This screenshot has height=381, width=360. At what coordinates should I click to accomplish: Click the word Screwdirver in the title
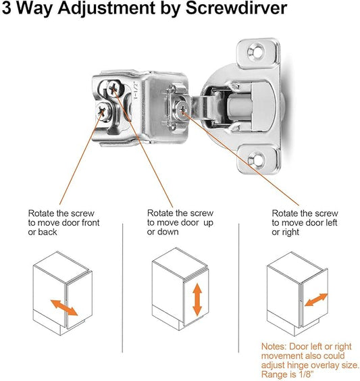pyautogui.click(x=236, y=9)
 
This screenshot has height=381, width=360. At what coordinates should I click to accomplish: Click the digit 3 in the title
pyautogui.click(x=6, y=8)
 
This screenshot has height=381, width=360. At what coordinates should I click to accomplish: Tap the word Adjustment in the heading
pyautogui.click(x=107, y=9)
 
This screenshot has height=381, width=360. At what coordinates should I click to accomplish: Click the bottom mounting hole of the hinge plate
pyautogui.click(x=256, y=159)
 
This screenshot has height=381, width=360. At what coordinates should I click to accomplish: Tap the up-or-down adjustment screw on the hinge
pyautogui.click(x=113, y=88)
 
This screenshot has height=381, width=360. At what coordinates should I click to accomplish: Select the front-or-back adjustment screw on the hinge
pyautogui.click(x=103, y=111)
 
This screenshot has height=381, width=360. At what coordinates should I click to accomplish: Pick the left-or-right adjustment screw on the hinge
pyautogui.click(x=182, y=109)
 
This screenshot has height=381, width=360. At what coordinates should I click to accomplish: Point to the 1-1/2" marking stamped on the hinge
pyautogui.click(x=136, y=91)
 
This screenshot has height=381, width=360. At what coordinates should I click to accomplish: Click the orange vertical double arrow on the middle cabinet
pyautogui.click(x=197, y=300)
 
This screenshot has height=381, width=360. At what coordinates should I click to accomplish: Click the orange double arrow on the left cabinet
pyautogui.click(x=64, y=307)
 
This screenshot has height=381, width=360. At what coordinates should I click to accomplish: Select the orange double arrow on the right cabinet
pyautogui.click(x=316, y=300)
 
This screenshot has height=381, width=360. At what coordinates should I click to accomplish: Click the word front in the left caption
pyautogui.click(x=91, y=223)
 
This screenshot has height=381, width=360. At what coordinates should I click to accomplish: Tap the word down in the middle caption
pyautogui.click(x=168, y=232)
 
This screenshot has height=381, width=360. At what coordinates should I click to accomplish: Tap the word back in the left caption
pyautogui.click(x=47, y=232)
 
